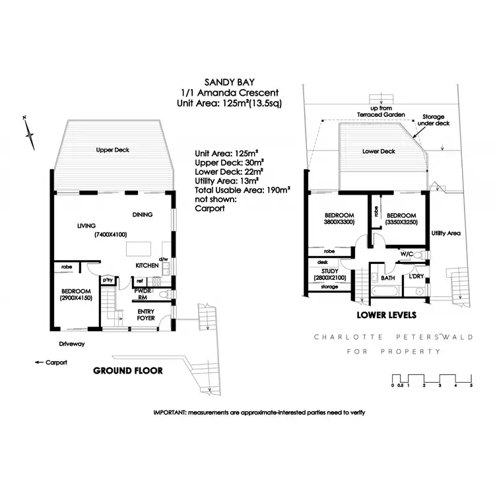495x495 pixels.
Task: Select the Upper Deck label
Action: point(112,150)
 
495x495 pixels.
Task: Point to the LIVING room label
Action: point(86,226)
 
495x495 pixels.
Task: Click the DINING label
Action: point(142,214)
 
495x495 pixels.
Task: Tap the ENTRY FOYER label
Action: point(146,314)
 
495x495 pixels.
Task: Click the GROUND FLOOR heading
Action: point(128,370)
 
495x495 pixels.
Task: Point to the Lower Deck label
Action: point(379,151)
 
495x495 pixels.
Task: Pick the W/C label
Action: point(407,253)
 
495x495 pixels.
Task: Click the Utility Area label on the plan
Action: point(446,234)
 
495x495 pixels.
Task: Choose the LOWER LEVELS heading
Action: point(385,315)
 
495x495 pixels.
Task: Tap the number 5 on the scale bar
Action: point(471,385)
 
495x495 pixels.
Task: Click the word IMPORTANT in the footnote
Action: point(170,412)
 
